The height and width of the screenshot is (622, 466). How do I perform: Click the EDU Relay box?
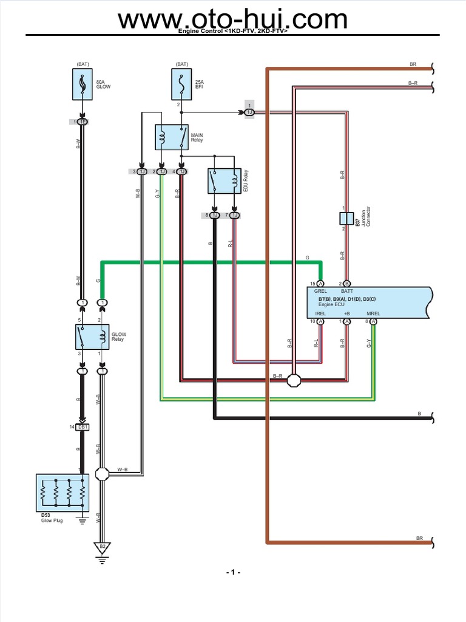pyautogui.click(x=224, y=181)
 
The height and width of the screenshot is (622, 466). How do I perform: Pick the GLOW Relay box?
pyautogui.click(x=92, y=337)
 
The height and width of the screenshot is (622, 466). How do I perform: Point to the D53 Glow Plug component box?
pyautogui.click(x=62, y=493)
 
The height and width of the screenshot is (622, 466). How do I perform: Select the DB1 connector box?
pyautogui.click(x=83, y=427)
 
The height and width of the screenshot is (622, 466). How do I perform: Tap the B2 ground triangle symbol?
pyautogui.click(x=103, y=547)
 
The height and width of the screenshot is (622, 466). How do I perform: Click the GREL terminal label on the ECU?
pyautogui.click(x=320, y=292)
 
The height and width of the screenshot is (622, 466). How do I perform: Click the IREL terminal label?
pyautogui.click(x=320, y=313)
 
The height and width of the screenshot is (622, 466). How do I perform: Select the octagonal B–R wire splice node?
pyautogui.click(x=294, y=381)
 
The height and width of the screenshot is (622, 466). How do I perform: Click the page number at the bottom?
pyautogui.click(x=233, y=573)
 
